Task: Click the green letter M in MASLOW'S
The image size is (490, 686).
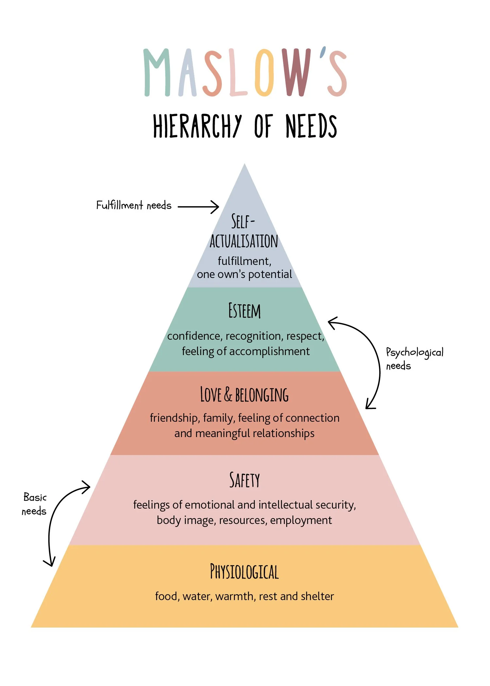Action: [x=157, y=73]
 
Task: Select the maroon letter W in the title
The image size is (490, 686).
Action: [x=297, y=73]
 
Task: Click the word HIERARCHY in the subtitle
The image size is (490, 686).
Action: [x=197, y=126]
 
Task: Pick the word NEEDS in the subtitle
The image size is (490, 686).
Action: [x=311, y=126]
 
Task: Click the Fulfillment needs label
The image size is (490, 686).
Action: [x=134, y=205]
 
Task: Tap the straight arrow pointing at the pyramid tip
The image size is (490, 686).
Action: [x=199, y=207]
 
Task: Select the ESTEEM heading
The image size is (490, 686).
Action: [x=244, y=311]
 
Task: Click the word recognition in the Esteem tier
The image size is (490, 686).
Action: [x=253, y=336]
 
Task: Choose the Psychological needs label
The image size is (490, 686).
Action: [x=414, y=359]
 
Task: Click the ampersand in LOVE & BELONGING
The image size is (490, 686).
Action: [x=228, y=394]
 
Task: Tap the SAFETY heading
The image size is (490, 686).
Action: [x=244, y=480]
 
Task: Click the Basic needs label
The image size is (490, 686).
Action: [x=34, y=504]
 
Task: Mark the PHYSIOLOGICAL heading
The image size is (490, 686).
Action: [x=244, y=572]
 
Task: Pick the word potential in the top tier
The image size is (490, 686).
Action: [x=270, y=274]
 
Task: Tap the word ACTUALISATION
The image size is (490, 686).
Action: [x=244, y=241]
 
